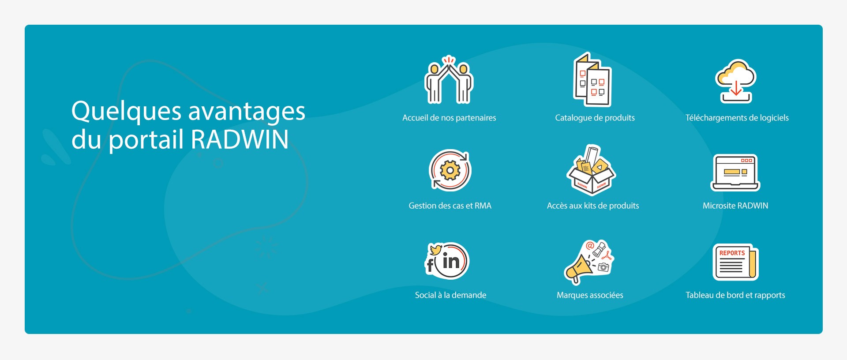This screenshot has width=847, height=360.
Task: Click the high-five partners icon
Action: point(449,80)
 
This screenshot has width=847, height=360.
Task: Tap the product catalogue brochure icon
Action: point(592,80)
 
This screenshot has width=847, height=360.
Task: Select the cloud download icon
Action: point(736,81)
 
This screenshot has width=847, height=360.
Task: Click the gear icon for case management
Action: point(450,170)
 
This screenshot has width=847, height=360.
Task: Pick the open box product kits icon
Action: point(591,170)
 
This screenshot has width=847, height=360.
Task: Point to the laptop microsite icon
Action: point(735,172)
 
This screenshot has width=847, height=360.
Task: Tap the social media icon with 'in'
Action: point(447,261)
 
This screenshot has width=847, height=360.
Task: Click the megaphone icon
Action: point(589,262)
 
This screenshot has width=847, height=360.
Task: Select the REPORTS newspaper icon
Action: point(735,262)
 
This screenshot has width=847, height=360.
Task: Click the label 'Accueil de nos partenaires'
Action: point(449,118)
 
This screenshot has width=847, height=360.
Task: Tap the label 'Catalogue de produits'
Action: point(595,118)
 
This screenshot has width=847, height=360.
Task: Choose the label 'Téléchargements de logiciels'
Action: point(737,118)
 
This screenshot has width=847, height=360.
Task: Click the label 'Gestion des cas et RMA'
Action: point(450,206)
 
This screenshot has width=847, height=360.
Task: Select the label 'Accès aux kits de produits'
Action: point(593,206)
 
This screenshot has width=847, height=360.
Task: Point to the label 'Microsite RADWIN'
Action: point(735,206)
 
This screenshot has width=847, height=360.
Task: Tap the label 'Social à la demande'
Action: point(450,295)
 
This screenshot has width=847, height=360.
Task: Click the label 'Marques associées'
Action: point(590,295)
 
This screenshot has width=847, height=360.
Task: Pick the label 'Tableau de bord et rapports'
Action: point(735,295)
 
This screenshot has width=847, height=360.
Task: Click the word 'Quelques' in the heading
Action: point(126,112)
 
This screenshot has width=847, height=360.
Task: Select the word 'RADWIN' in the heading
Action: point(240,139)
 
